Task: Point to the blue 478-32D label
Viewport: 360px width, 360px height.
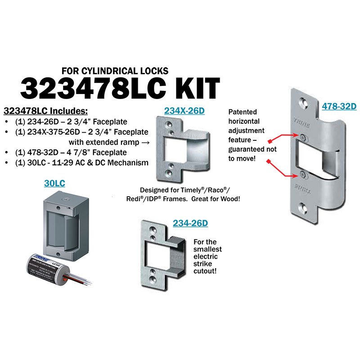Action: coord(339,106)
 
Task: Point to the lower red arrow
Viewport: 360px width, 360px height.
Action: coord(284,168)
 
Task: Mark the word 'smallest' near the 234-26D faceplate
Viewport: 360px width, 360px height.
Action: coord(207,249)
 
